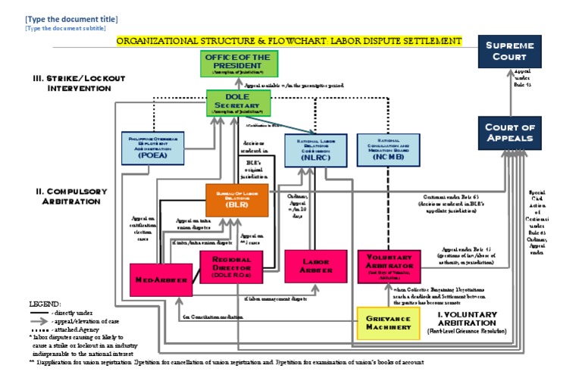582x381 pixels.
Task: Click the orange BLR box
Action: point(236,200)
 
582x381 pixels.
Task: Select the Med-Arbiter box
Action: point(161,280)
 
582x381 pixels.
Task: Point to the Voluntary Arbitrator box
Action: point(389,266)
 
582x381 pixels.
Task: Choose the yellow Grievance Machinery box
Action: point(388,322)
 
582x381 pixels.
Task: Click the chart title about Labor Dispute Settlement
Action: point(289,40)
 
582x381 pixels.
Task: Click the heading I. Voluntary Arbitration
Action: point(469,319)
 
